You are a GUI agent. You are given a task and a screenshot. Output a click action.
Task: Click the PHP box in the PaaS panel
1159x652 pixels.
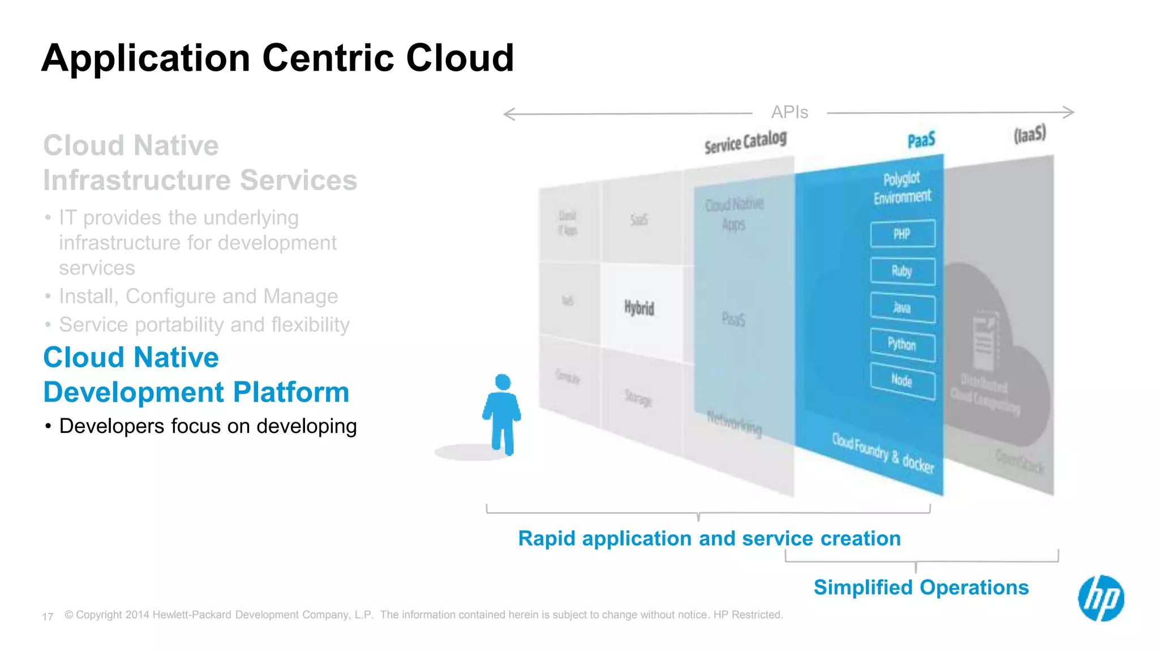[x=903, y=234]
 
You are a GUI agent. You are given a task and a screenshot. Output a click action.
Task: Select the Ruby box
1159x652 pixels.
[x=903, y=271]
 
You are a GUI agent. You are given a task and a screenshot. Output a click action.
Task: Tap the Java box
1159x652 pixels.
[x=903, y=308]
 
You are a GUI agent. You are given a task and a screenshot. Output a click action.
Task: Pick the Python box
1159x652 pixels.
[x=903, y=344]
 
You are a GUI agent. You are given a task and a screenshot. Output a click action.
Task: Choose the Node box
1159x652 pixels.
[x=903, y=380]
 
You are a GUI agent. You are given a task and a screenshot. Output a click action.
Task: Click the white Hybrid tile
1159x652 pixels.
[x=640, y=308]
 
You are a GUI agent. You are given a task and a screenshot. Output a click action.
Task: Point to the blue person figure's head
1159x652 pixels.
[x=503, y=382]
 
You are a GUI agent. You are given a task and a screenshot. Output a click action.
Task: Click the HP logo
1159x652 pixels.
[x=1101, y=598]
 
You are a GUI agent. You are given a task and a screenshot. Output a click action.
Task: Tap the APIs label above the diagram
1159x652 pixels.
[x=789, y=112]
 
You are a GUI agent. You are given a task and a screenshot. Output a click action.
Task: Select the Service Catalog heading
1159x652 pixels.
[x=745, y=142]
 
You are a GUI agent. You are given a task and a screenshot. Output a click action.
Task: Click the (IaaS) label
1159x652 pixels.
[x=1030, y=135]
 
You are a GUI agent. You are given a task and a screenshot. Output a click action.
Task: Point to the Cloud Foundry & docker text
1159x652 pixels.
[x=883, y=453]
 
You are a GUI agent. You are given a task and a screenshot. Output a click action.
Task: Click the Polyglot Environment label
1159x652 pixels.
[x=902, y=188]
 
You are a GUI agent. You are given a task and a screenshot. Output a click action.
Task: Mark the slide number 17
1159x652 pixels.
[x=48, y=616]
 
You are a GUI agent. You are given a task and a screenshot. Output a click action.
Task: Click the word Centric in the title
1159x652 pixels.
[x=328, y=58]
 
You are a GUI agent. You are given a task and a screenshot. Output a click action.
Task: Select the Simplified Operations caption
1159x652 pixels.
[x=921, y=587]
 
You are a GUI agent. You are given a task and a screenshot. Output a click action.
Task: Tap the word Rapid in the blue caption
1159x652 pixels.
[x=547, y=538]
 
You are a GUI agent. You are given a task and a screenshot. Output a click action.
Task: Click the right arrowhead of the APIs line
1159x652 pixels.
[x=1069, y=112]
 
